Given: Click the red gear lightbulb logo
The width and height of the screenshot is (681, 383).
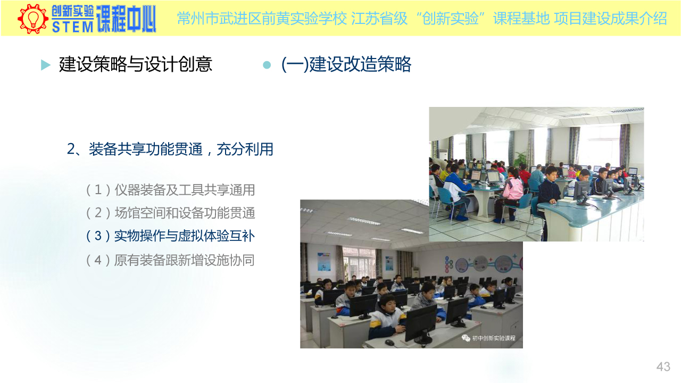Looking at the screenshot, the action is coord(33,19).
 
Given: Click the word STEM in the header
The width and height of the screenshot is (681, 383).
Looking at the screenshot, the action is coord(72,27).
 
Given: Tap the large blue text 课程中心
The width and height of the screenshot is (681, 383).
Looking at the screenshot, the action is coord(126,19).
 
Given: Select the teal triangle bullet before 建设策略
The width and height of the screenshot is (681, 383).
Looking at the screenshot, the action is coord(46,65).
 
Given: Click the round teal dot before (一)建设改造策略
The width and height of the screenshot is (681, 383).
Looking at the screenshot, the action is coord(267,65).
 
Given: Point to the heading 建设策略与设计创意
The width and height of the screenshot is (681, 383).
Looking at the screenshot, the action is coord(136,64).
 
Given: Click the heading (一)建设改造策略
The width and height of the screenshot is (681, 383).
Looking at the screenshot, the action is coord(346,64).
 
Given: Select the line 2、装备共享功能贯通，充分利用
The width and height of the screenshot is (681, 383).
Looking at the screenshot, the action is coord(170,149).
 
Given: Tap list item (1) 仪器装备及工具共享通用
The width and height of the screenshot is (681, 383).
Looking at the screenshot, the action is coord(170,190).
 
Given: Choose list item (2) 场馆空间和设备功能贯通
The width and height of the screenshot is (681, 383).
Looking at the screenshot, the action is coord(170,213).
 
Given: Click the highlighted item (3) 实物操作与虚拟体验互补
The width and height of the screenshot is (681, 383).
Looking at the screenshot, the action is coord(170,236).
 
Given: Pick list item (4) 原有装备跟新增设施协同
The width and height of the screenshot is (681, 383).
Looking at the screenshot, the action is coord(170,260).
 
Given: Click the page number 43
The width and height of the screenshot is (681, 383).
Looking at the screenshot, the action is coord(663,367).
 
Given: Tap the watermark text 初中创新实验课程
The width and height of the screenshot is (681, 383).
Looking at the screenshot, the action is coord(493,338).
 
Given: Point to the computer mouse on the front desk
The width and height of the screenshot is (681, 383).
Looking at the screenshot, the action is coord(389,343).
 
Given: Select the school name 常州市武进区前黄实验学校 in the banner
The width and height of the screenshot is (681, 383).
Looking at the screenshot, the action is coord(262,19).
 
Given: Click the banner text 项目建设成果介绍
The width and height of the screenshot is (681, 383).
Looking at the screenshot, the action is coord(610,19).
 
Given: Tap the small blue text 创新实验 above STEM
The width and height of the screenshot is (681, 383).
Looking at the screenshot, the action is coord(72,12).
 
